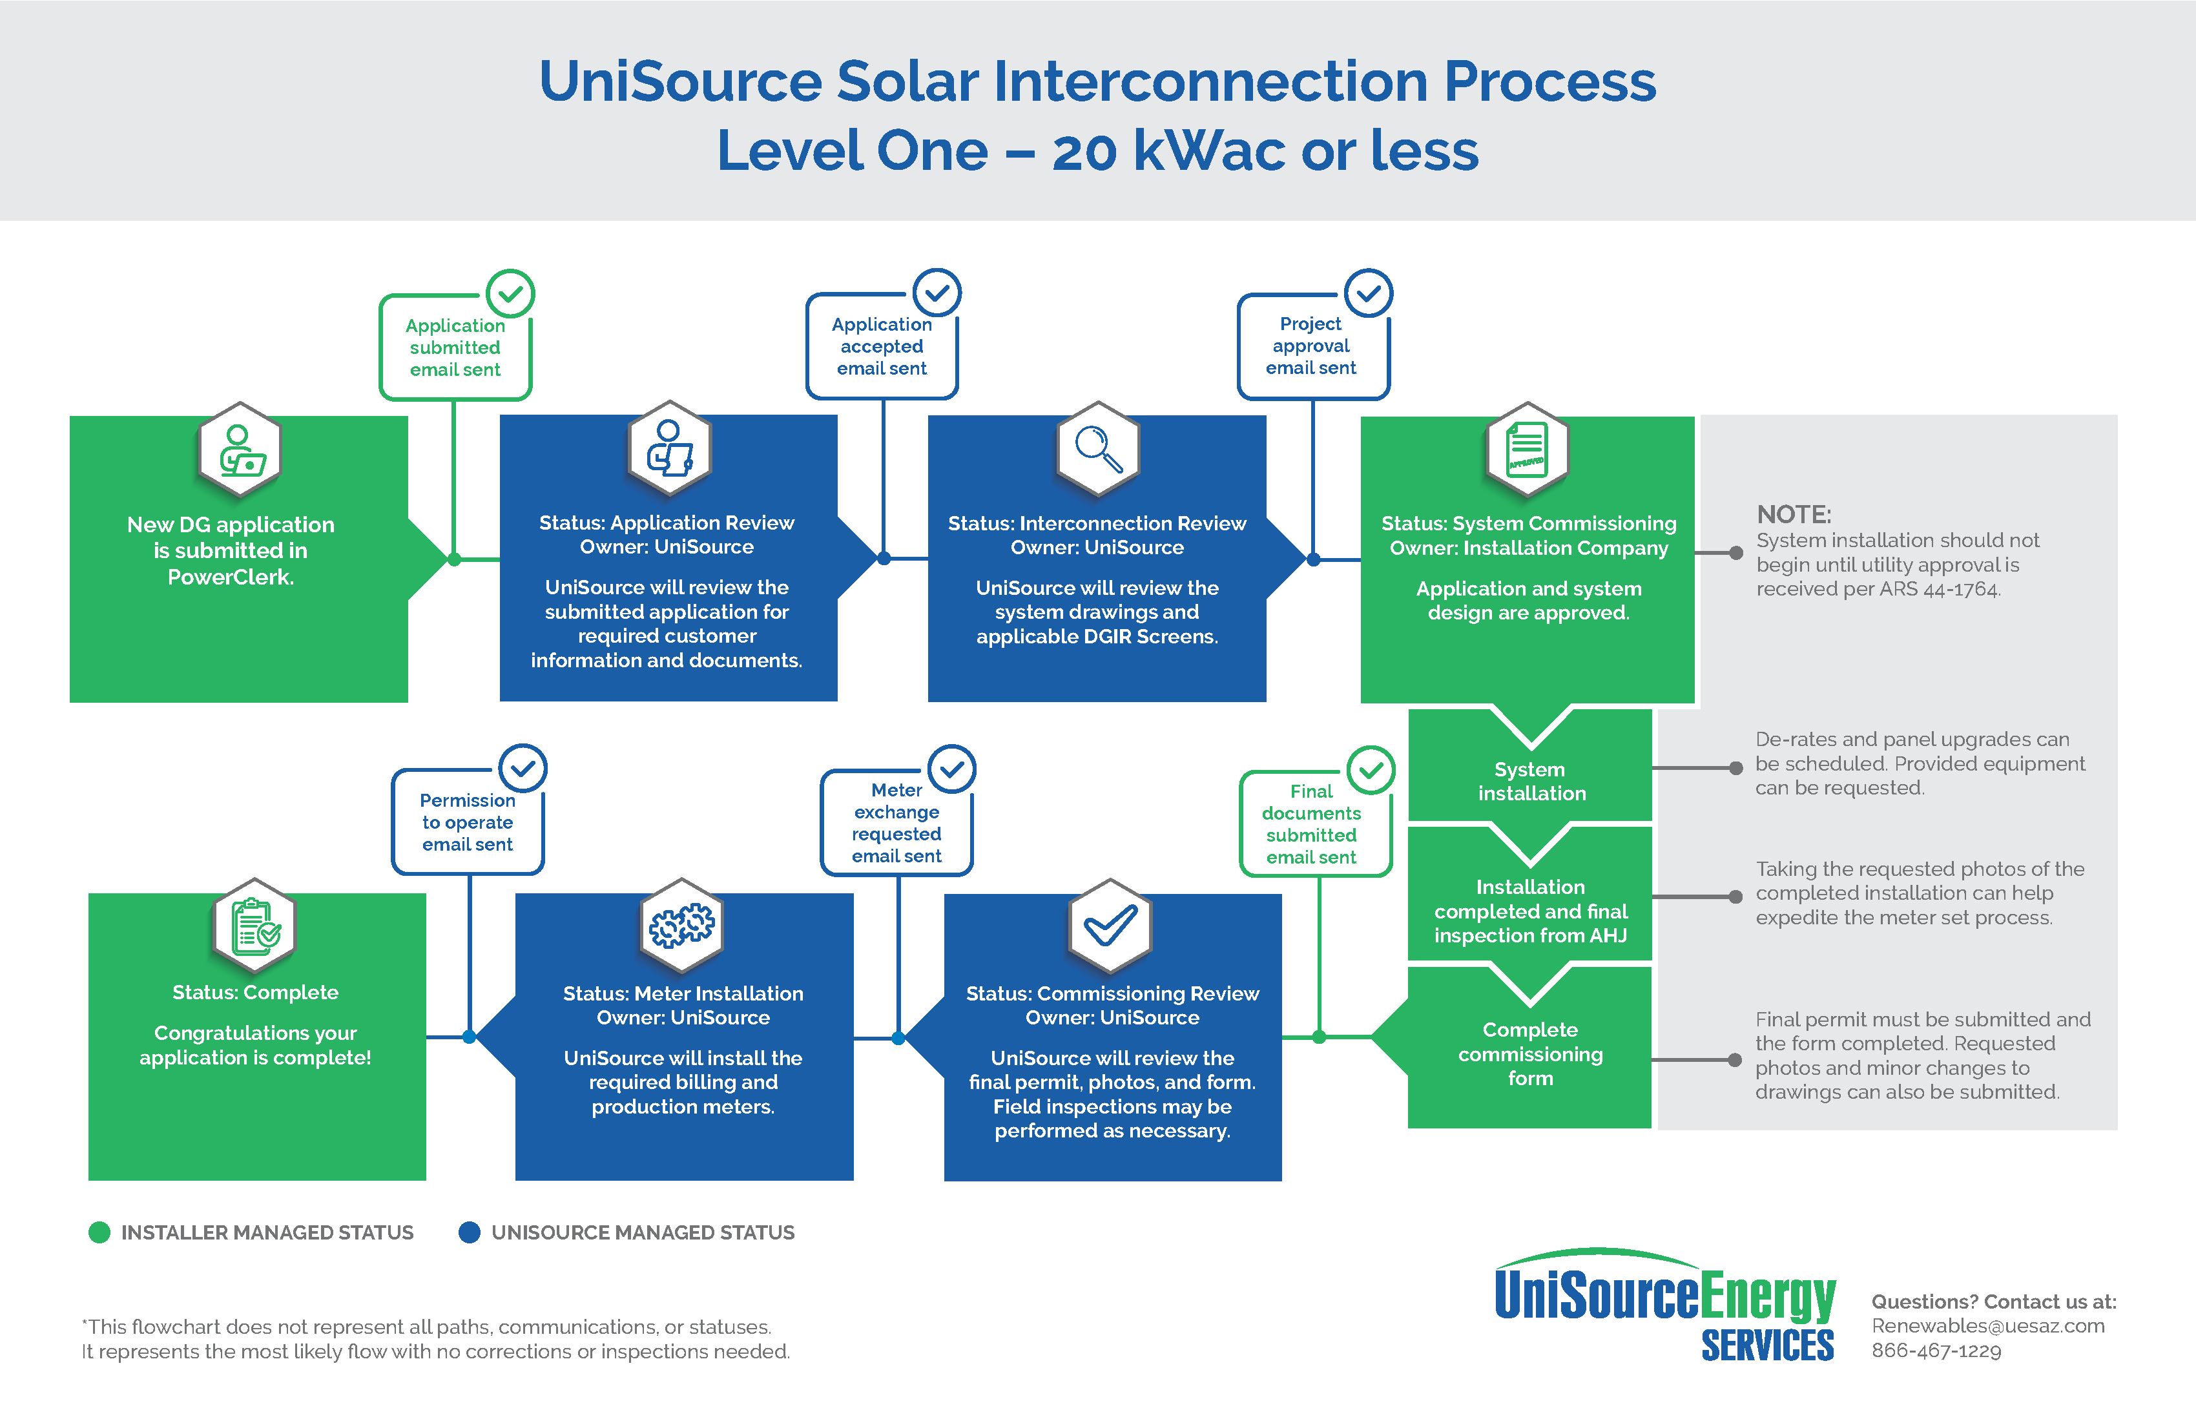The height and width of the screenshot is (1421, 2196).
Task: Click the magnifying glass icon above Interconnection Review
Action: tap(1098, 448)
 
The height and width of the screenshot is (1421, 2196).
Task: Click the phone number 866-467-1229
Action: tap(1936, 1351)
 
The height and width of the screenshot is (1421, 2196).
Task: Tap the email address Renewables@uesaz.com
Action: tap(1987, 1326)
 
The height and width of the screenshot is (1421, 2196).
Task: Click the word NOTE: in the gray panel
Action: tap(1793, 514)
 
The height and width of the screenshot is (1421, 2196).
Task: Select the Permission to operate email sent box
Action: tap(467, 822)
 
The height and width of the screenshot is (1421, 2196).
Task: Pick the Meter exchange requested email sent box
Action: tap(896, 823)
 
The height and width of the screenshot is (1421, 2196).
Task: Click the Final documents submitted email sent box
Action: tap(1311, 824)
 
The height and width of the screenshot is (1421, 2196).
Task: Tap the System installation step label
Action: tap(1531, 781)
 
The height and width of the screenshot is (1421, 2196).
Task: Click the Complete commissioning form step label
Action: tap(1530, 1053)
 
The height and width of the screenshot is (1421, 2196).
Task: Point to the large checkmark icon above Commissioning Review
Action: tap(1110, 926)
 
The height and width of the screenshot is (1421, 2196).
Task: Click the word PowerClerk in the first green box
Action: tap(230, 577)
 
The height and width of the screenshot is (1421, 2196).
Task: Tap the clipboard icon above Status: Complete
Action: tap(254, 926)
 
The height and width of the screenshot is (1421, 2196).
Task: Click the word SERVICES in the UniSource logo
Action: tap(1767, 1346)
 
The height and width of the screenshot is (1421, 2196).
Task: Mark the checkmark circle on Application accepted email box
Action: tap(937, 293)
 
